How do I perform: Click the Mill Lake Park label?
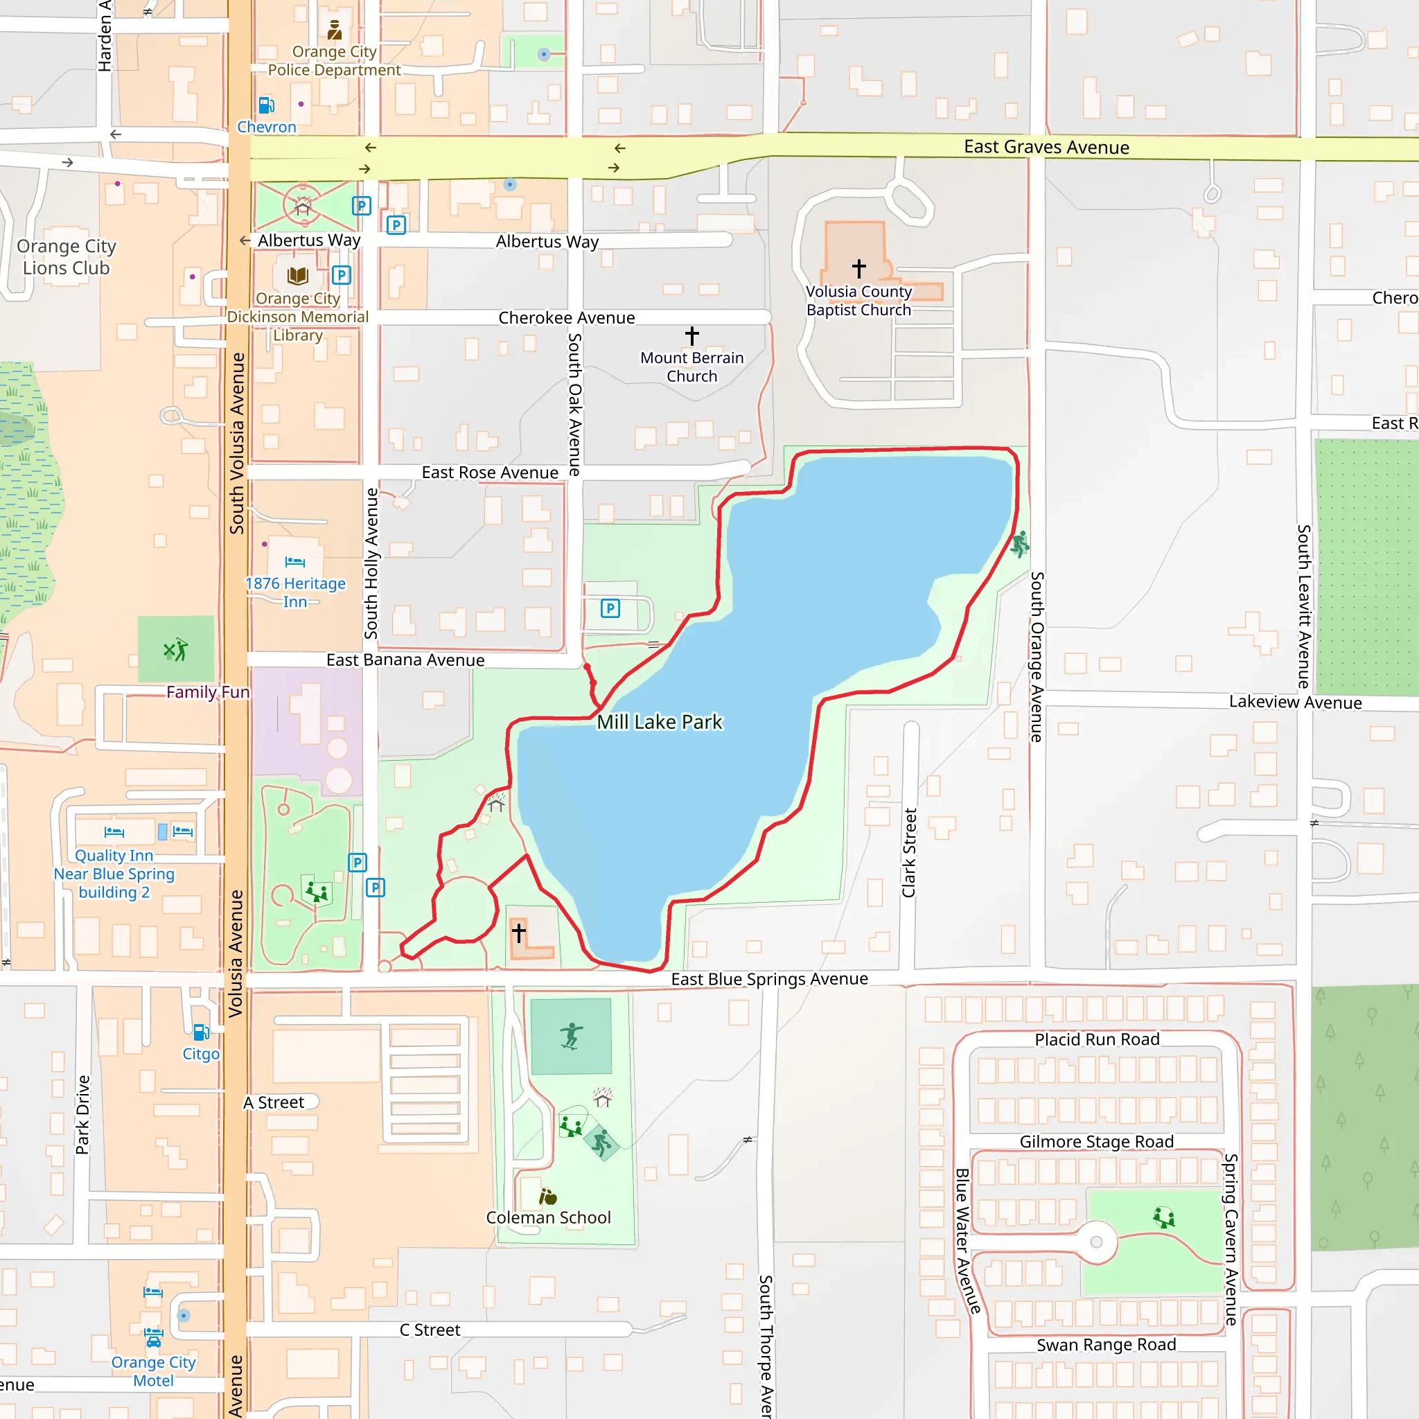(x=659, y=722)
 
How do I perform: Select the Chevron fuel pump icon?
(x=267, y=105)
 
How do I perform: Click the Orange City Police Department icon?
(x=334, y=30)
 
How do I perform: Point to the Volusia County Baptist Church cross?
(x=858, y=268)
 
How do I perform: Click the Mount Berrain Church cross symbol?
(x=692, y=335)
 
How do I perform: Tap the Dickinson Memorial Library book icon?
(x=297, y=276)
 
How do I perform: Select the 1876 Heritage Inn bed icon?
(x=294, y=562)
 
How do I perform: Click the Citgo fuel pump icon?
(x=200, y=1032)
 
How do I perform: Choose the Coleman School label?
(x=548, y=1218)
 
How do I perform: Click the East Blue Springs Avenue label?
(x=769, y=979)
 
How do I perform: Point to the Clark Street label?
(x=909, y=853)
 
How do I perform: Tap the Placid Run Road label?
(x=1097, y=1039)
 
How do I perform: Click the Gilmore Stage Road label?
(x=1096, y=1141)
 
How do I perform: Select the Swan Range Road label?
(x=1105, y=1345)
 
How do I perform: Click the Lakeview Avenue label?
(x=1295, y=702)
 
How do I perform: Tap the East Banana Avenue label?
(x=405, y=660)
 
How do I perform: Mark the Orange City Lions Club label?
(x=66, y=257)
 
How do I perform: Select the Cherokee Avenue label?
(x=566, y=318)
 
